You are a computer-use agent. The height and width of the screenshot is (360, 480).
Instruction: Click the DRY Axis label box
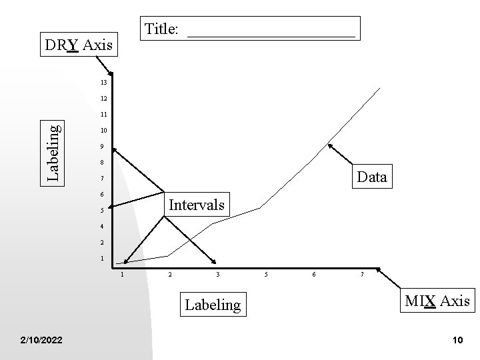(79, 45)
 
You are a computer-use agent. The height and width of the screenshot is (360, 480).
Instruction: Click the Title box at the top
(252, 29)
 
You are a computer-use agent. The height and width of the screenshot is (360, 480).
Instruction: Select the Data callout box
(372, 177)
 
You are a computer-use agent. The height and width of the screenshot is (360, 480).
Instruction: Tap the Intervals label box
(197, 204)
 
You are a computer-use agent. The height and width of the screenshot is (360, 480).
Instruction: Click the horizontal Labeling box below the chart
(212, 305)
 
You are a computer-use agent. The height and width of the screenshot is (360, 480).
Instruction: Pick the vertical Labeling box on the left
(53, 153)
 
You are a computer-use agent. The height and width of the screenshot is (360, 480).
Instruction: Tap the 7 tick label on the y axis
(102, 179)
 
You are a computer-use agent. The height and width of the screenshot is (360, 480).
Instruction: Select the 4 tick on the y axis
(102, 227)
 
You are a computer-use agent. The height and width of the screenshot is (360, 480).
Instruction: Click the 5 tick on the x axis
(266, 274)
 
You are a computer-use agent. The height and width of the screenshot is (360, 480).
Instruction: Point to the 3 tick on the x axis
(217, 274)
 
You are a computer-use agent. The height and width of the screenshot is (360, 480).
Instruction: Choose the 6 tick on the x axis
(314, 274)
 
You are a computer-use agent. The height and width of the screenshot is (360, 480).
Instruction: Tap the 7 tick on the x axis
(362, 274)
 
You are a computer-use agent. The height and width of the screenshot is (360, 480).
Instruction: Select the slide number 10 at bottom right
(457, 341)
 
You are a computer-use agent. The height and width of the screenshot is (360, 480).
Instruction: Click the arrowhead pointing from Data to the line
(328, 145)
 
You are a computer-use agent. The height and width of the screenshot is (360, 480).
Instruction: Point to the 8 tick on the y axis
(102, 163)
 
